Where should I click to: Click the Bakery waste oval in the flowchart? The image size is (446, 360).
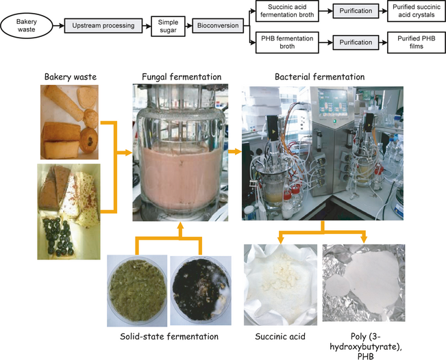pyautogui.click(x=23, y=27)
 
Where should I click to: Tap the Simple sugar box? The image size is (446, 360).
pyautogui.click(x=168, y=27)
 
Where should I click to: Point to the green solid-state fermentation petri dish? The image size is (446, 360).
pyautogui.click(x=136, y=290)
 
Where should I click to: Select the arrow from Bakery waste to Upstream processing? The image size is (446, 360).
pyautogui.click(x=54, y=27)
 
